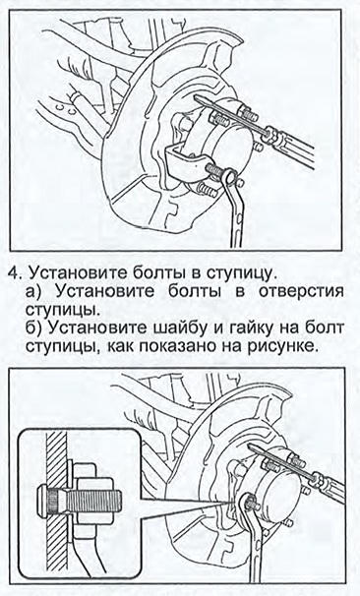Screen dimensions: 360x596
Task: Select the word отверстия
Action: tap(301, 292)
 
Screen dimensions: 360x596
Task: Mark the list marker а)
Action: tap(37, 292)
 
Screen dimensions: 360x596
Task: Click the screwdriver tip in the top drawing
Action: tap(196, 98)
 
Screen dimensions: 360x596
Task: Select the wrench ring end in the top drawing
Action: tap(230, 175)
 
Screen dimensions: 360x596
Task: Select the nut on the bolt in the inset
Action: tap(94, 501)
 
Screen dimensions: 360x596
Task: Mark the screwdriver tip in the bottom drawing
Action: tap(251, 447)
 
